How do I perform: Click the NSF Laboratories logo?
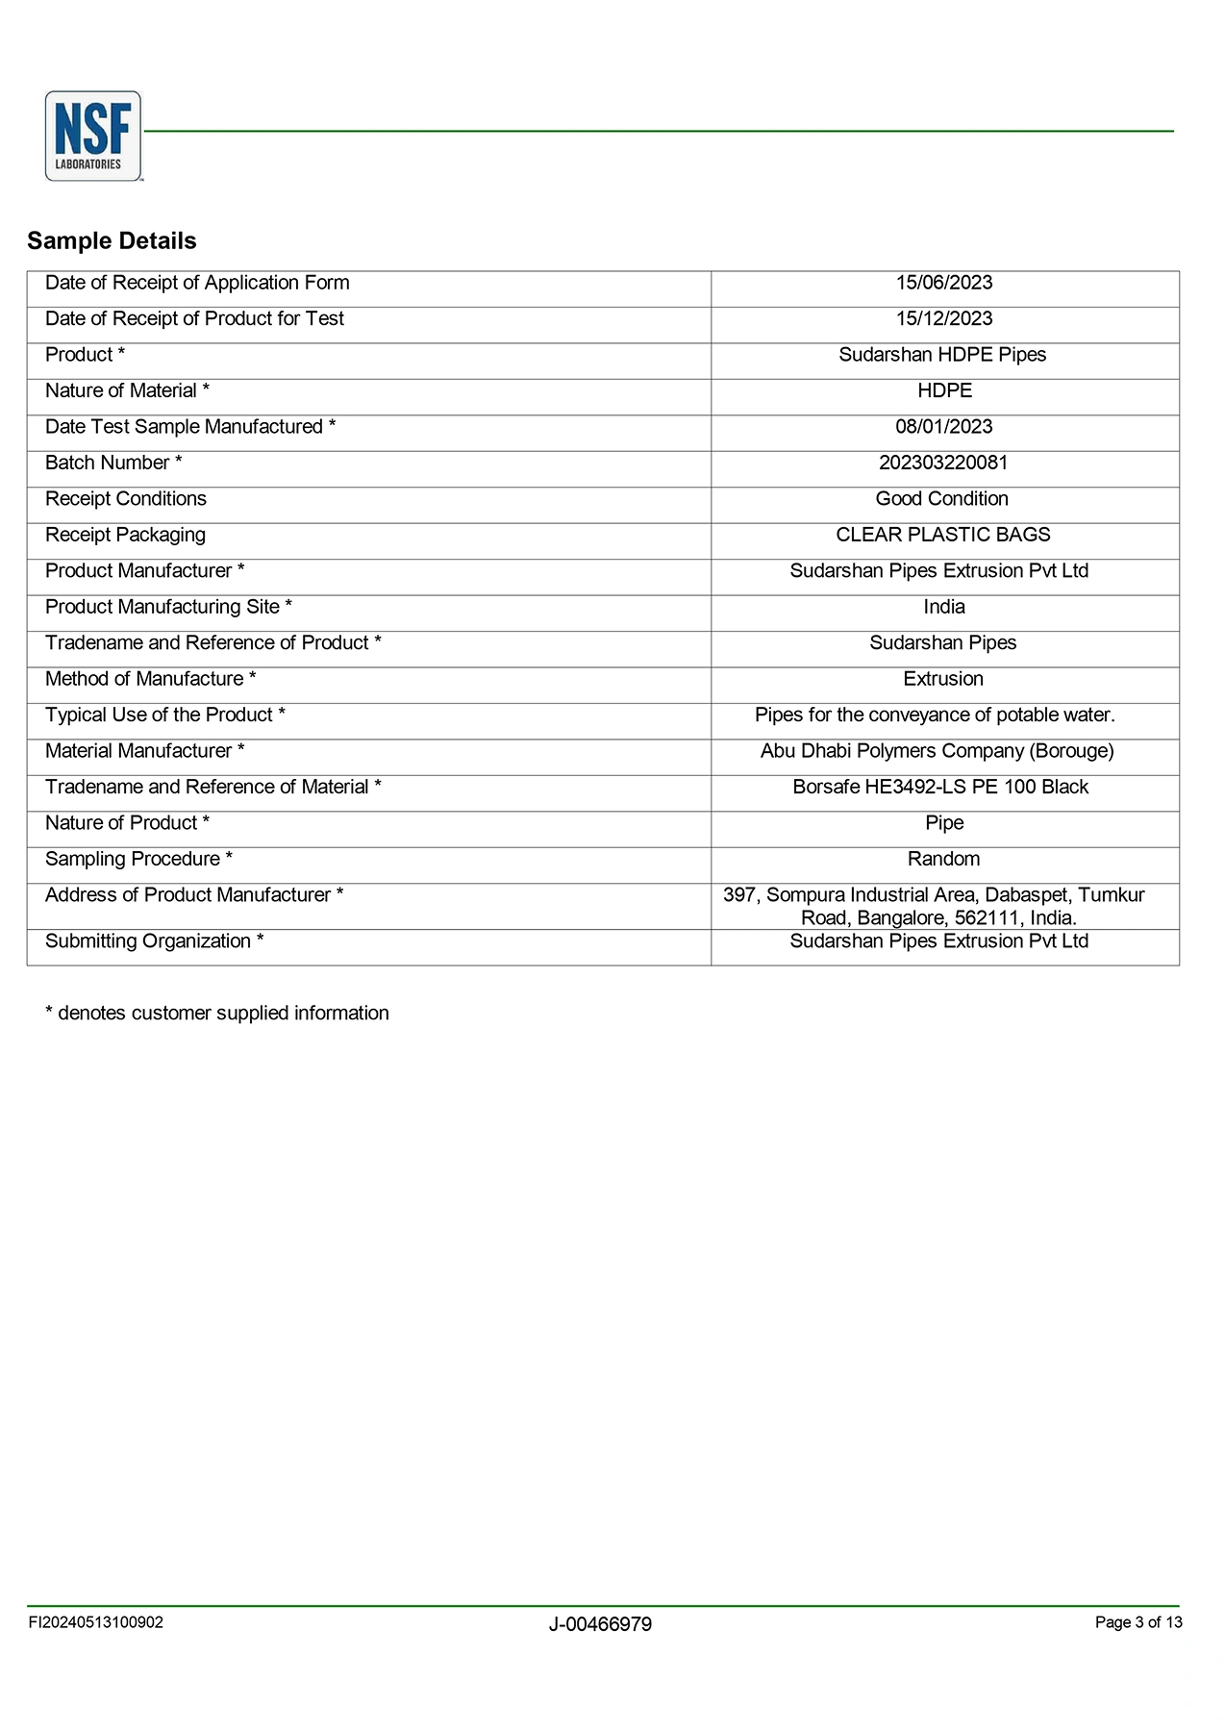click(93, 136)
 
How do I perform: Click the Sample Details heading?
click(112, 240)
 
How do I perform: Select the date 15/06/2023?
click(943, 283)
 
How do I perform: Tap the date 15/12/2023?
click(943, 318)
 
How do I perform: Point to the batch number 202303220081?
click(943, 463)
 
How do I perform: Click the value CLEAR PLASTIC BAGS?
click(942, 535)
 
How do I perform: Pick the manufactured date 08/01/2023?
click(943, 427)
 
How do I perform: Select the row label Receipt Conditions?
click(126, 499)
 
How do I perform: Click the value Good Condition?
click(941, 499)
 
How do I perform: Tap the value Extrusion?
click(942, 679)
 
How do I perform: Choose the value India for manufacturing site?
click(943, 607)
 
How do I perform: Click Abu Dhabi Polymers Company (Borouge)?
click(937, 751)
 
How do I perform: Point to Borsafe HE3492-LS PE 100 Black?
click(940, 787)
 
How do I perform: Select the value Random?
click(943, 859)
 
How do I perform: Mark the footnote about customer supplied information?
click(217, 1013)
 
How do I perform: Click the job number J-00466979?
click(600, 1624)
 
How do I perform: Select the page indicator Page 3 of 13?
click(1138, 1622)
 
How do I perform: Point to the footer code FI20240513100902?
click(96, 1622)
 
